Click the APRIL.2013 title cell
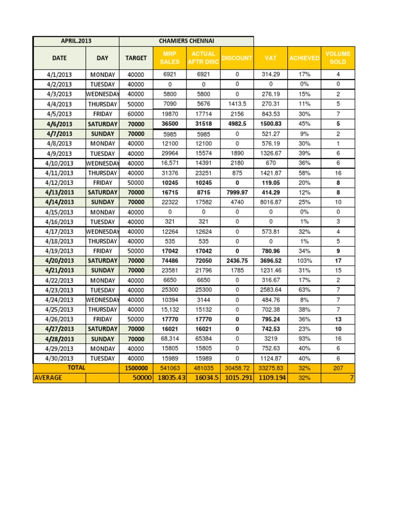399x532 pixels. (76, 41)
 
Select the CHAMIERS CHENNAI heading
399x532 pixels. (187, 41)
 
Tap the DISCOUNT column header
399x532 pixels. (237, 58)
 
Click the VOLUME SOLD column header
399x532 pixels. (338, 58)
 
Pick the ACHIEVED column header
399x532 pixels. (304, 58)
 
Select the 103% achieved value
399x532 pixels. (304, 261)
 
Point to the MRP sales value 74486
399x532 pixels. (170, 261)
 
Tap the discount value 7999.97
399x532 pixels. (237, 192)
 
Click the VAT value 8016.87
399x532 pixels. (271, 202)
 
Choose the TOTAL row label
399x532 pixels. (76, 367)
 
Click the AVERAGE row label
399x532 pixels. (48, 378)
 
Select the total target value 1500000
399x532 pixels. (136, 368)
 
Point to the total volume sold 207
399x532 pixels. (338, 368)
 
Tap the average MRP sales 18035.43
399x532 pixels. (170, 378)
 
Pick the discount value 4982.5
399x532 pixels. (237, 124)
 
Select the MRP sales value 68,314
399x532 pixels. (170, 339)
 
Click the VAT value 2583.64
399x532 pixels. (271, 290)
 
